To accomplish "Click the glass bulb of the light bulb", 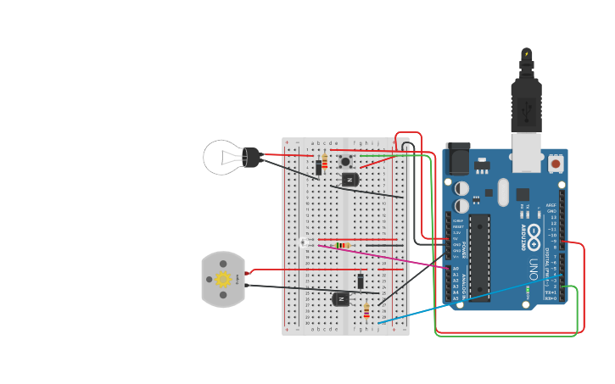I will tap(222, 157).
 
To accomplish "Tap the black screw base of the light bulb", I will tap(252, 157).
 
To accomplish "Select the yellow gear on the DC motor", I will tap(223, 279).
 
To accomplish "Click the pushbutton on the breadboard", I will tap(346, 161).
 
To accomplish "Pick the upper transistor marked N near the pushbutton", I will tap(349, 179).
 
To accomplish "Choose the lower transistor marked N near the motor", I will tap(341, 298).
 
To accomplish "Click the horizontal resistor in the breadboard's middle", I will tap(343, 246).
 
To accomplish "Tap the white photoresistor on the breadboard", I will tap(304, 242).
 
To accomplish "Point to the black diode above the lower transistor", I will tap(361, 281).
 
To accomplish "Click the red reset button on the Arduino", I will tap(555, 163).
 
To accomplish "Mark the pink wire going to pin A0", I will tap(399, 259).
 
